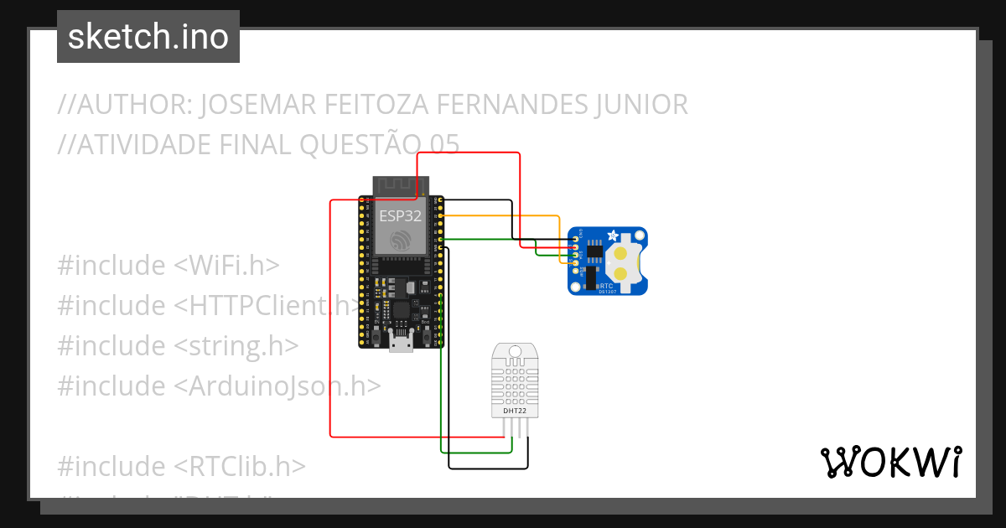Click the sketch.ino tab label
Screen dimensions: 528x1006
click(148, 37)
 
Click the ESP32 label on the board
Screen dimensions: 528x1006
click(400, 215)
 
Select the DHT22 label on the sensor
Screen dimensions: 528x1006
click(515, 412)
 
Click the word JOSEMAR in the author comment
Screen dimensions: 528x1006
click(260, 105)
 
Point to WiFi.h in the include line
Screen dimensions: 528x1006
click(226, 266)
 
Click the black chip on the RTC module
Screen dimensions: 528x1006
click(594, 250)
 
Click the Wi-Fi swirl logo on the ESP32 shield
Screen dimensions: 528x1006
click(401, 241)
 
